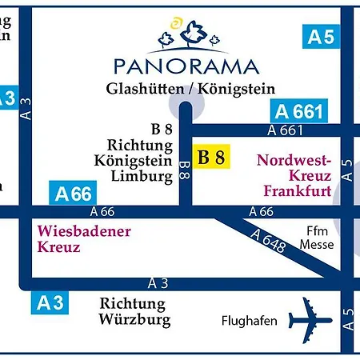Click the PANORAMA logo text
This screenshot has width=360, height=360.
[186, 66]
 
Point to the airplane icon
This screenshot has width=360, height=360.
[308, 320]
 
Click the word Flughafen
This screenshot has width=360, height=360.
[249, 321]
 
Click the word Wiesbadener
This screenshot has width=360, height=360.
[84, 231]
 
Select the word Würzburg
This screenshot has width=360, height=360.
[135, 320]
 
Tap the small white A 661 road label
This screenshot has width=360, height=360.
[286, 130]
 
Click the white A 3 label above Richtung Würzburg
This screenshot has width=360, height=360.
[158, 283]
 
